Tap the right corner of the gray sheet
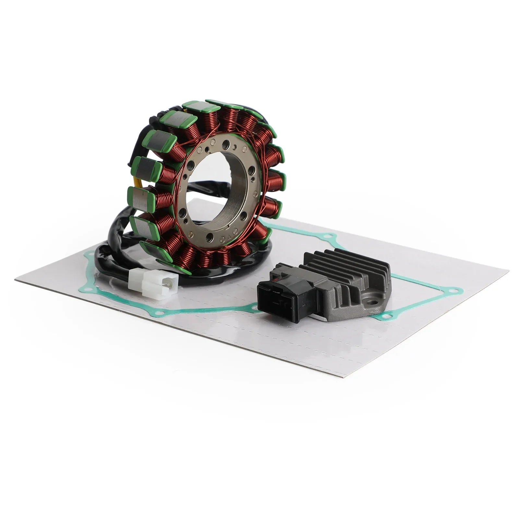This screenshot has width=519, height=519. pyautogui.click(x=508, y=271)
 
